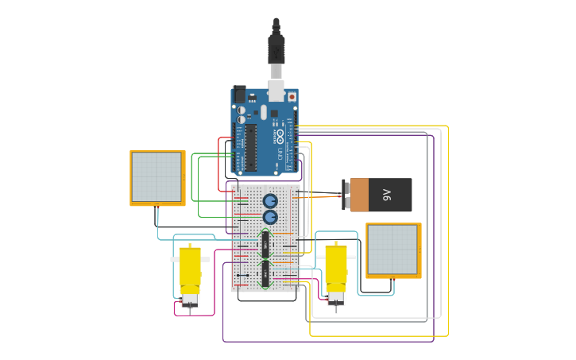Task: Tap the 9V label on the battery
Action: [x=387, y=194]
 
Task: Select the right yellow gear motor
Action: [x=336, y=269]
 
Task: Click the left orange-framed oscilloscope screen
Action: [x=157, y=177]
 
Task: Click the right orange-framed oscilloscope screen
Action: [x=393, y=250]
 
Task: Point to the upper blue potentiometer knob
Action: [x=270, y=200]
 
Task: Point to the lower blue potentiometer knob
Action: [x=270, y=216]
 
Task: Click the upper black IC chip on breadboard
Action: [x=265, y=244]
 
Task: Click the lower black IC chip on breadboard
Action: [x=265, y=273]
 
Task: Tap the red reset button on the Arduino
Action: [x=292, y=97]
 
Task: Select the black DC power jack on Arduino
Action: [x=239, y=95]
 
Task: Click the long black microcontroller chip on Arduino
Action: [x=250, y=146]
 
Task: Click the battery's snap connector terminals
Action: [x=346, y=195]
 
